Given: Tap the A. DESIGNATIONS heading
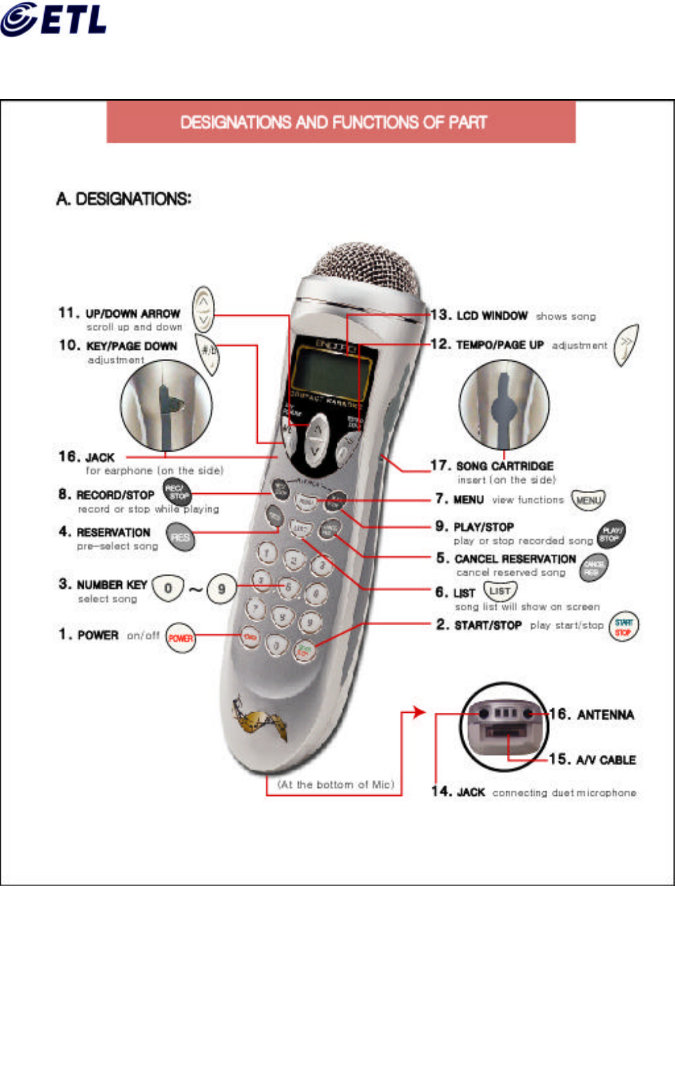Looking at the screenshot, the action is point(124,199).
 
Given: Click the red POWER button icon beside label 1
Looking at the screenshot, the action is point(180,637).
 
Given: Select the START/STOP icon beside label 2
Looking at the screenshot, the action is point(623,627).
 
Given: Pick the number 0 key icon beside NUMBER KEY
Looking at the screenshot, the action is point(167,588).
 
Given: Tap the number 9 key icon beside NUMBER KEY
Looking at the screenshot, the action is point(221,589).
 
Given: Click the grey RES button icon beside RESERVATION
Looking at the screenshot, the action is point(180,537).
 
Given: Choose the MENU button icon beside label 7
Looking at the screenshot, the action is point(588,500).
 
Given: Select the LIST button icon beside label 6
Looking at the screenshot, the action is point(500,591).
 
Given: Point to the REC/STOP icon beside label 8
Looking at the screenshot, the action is point(177,492).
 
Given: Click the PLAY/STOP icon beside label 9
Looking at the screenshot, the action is point(611,534).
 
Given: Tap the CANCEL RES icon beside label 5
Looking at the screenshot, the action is point(593,567).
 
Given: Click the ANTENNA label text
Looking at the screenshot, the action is point(605,715).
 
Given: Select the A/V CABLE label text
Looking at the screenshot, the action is point(605,760).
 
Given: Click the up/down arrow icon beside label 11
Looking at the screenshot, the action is point(204,309).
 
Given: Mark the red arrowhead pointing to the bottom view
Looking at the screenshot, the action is point(419,712).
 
